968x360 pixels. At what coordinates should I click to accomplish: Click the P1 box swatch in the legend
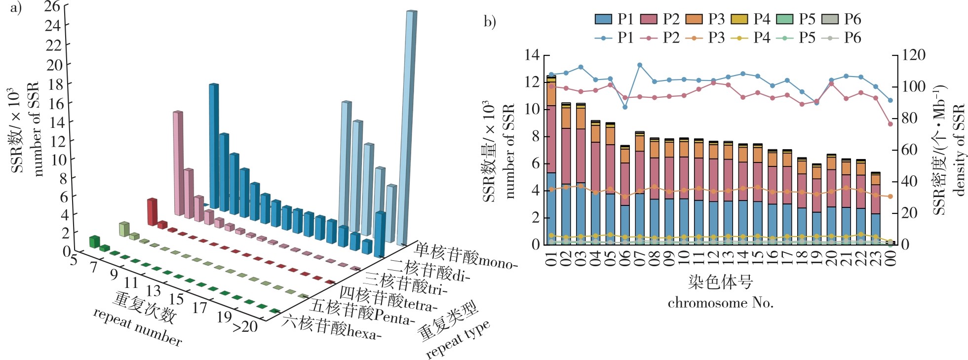(x=603, y=19)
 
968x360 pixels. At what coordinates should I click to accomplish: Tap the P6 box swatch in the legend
(x=830, y=19)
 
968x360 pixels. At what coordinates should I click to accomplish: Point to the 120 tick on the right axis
(x=914, y=55)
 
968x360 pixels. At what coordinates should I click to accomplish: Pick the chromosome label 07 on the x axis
(x=640, y=258)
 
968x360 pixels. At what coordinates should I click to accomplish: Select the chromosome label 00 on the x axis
(x=891, y=258)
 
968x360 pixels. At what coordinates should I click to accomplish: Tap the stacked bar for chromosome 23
(x=875, y=208)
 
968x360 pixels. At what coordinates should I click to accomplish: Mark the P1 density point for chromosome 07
(x=640, y=65)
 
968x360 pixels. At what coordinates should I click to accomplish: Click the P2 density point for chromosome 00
(x=891, y=124)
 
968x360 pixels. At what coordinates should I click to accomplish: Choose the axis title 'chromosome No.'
(x=720, y=303)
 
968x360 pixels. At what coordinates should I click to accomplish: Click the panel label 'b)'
(x=490, y=22)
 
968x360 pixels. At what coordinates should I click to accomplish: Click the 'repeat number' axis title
(x=138, y=327)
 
